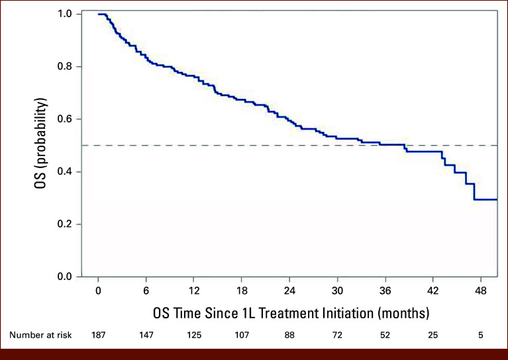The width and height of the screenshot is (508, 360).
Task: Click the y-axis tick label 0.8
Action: point(64,67)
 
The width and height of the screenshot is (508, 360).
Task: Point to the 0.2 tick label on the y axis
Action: point(64,224)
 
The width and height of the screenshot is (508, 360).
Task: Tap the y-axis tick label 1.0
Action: point(64,15)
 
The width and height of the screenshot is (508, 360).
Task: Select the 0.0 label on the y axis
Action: point(64,277)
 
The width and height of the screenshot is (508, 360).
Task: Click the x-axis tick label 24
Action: point(289,291)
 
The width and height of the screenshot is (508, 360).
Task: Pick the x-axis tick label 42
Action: point(433,291)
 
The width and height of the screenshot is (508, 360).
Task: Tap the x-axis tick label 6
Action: point(146,291)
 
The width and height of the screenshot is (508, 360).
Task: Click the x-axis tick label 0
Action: point(98,291)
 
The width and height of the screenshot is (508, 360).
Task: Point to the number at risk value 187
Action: point(98,335)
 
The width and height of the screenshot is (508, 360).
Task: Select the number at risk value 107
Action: point(242,335)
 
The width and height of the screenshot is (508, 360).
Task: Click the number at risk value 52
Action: point(385,335)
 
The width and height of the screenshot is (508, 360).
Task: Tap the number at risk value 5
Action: point(481,335)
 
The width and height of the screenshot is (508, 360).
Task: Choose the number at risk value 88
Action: point(289,335)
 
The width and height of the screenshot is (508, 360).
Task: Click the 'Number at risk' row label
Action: point(40,335)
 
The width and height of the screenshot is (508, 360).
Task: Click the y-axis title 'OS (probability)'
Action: point(41,143)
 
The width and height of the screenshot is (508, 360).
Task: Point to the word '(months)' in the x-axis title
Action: point(403,314)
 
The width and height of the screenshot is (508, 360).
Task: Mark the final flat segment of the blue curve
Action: point(485,200)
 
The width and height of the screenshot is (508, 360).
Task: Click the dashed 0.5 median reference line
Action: point(289,146)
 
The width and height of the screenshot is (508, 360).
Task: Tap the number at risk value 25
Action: point(433,335)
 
